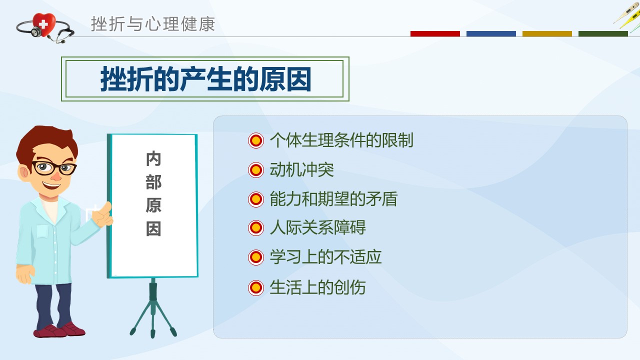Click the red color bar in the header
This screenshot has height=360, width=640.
tap(435, 33)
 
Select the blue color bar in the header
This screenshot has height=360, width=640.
tap(491, 33)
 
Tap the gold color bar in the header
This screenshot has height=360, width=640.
tap(547, 33)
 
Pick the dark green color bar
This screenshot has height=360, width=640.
tap(603, 33)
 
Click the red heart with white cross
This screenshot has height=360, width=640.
tap(43, 24)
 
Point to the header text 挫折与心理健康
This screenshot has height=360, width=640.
tap(153, 24)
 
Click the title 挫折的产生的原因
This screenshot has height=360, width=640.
tap(205, 79)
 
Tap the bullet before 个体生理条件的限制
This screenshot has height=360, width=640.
tap(255, 140)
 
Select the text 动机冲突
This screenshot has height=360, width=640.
tap(301, 170)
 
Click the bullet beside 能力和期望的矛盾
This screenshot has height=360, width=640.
tap(255, 199)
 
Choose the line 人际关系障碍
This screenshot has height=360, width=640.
tap(317, 227)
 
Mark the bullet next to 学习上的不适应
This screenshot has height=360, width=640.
tap(255, 257)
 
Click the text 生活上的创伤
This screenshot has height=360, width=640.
tap(317, 287)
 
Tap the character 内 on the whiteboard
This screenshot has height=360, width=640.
tap(153, 158)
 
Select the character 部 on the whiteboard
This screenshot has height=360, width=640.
tap(153, 182)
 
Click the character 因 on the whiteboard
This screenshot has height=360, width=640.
tap(153, 229)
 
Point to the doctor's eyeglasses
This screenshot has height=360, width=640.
tap(53, 168)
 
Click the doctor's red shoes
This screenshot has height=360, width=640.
tap(59, 330)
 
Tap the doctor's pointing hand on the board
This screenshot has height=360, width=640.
tap(102, 215)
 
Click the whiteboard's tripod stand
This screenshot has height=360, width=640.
tap(153, 308)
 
